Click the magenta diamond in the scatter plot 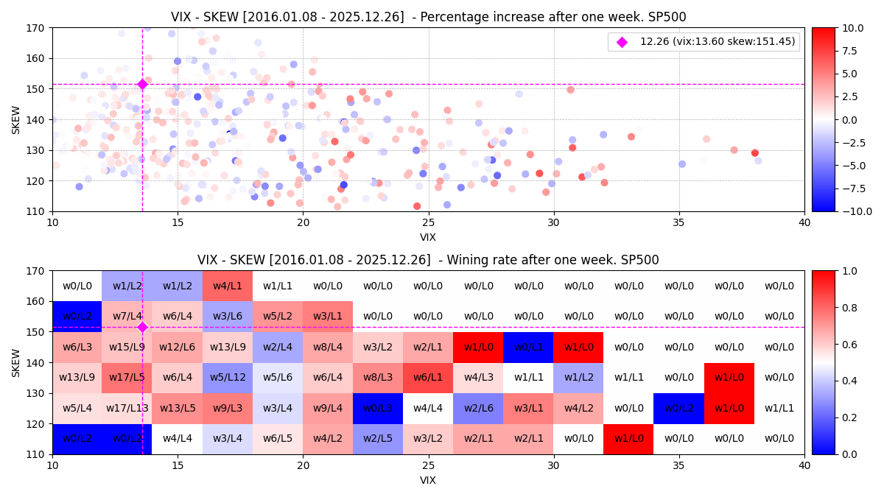tap(142, 84)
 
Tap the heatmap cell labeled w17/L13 tap(127, 408)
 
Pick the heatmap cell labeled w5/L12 tap(228, 378)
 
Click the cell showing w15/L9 tap(127, 347)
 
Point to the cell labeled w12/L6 tap(178, 347)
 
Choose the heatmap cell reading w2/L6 tap(478, 408)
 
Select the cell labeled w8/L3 tap(378, 378)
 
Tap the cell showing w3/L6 tap(228, 316)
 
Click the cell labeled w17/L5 tap(127, 378)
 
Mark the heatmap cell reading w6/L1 tap(428, 378)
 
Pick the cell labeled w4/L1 tap(228, 286)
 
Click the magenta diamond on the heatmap tap(142, 327)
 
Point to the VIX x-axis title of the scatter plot tap(428, 237)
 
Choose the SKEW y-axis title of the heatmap tap(16, 363)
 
